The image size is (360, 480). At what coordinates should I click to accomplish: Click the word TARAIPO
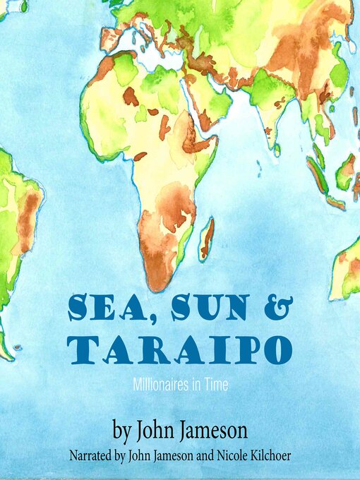181,351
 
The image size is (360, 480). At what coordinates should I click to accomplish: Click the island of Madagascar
206,239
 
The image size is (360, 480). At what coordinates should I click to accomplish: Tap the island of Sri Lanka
277,150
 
